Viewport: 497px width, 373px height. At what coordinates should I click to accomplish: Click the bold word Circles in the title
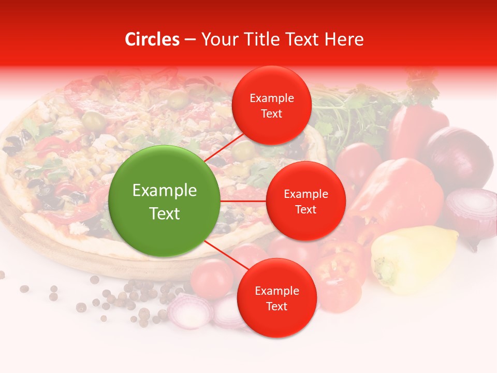(x=152, y=39)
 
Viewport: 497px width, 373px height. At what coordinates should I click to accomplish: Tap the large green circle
(x=164, y=201)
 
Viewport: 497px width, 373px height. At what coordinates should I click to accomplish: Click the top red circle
(x=271, y=105)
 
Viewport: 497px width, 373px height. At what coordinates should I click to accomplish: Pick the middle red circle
(x=305, y=201)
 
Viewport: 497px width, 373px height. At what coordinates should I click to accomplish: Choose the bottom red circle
(x=276, y=298)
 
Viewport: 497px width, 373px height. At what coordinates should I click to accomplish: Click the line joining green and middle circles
(x=243, y=201)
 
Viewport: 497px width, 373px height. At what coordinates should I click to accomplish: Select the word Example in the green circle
(x=164, y=191)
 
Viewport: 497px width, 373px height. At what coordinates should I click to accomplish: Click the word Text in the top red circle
(x=271, y=113)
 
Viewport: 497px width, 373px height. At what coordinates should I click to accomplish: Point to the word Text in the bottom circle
(x=276, y=306)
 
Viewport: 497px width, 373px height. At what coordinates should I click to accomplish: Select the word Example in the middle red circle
(x=305, y=194)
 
